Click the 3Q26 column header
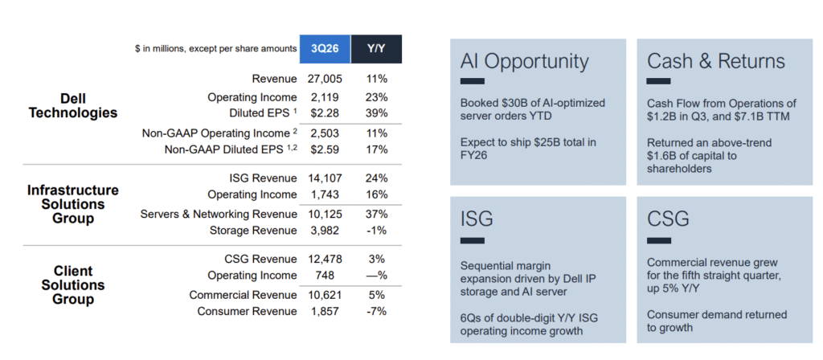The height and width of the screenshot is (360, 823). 325,49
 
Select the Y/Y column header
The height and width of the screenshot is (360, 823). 376,49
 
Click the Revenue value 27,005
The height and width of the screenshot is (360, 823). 325,79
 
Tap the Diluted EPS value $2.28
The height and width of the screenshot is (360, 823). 325,112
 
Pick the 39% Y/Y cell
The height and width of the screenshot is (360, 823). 377,112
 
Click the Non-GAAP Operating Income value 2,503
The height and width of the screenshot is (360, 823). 325,133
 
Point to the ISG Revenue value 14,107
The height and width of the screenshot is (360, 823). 325,178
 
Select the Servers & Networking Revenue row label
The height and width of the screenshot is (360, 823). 219,215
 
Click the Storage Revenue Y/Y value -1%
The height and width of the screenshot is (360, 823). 377,231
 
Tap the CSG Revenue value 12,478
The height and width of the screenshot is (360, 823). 325,259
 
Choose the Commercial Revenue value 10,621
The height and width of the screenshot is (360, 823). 325,295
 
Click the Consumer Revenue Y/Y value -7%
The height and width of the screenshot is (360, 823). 377,311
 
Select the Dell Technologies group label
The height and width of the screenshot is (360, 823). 73,105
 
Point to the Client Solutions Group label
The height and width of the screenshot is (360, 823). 73,285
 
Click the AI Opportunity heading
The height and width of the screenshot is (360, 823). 524,61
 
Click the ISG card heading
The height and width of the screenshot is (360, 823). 477,219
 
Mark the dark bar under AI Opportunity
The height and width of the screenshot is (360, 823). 473,81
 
